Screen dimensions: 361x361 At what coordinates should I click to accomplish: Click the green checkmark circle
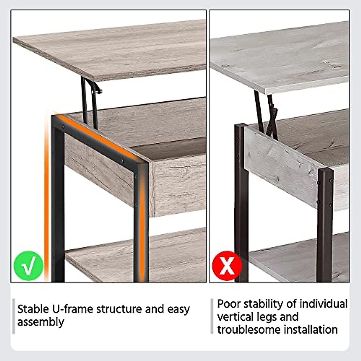pos(29,266)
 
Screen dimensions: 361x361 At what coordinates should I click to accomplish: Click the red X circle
pos(227,266)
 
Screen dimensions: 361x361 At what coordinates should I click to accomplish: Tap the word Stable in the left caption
pos(33,309)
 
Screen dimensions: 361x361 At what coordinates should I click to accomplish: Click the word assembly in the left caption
pos(41,322)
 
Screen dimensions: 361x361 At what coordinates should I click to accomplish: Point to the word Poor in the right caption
pos(229,304)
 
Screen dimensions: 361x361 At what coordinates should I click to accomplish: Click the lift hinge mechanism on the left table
pos(91,102)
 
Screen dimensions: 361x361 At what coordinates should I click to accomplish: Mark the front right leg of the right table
pos(325,226)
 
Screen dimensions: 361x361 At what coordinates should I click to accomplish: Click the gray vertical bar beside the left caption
pos(14,316)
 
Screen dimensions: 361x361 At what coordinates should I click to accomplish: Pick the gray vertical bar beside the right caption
pos(212,316)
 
